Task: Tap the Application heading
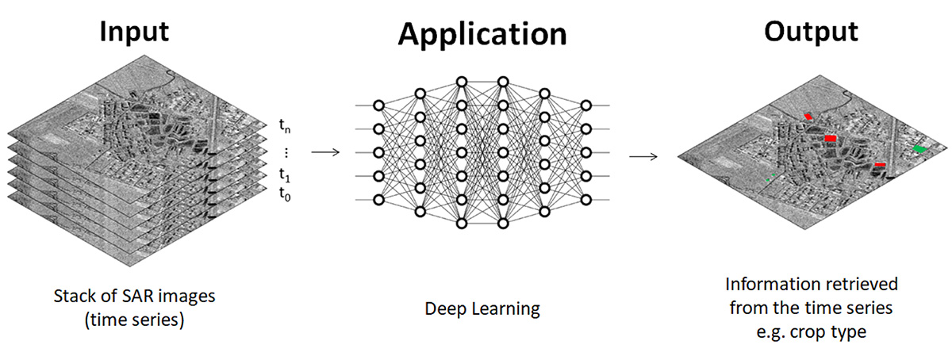point(482,34)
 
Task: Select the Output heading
point(810,31)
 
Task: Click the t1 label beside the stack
point(284,175)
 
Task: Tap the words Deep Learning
point(482,309)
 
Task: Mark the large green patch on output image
point(920,148)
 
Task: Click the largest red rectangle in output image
point(830,138)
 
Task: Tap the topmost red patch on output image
point(808,117)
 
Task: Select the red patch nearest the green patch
point(880,165)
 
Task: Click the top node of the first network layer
point(378,105)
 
